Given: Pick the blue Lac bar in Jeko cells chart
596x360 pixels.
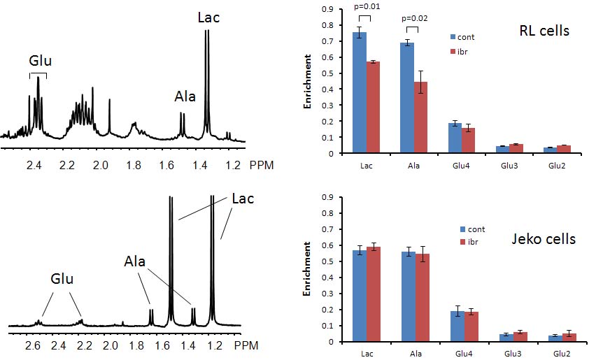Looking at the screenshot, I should click(x=359, y=296).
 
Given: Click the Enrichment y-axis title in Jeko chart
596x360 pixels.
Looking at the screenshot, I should click(x=306, y=269).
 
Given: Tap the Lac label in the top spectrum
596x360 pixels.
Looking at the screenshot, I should click(x=208, y=17).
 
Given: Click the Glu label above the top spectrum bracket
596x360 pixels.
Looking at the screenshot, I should click(x=39, y=59).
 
